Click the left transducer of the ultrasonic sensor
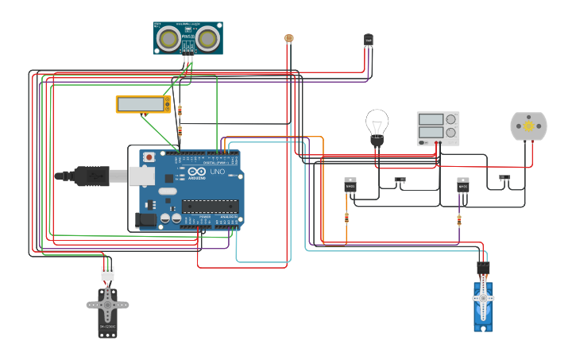tap(168, 38)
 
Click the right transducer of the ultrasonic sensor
tap(207, 38)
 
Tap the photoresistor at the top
tap(288, 37)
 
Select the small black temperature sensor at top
tap(368, 38)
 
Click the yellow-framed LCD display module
tap(143, 104)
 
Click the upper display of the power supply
tap(430, 120)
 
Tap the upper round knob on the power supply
tap(451, 120)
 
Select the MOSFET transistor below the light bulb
tap(350, 185)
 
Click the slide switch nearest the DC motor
tap(504, 178)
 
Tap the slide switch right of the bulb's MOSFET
tap(400, 180)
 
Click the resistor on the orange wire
tap(346, 218)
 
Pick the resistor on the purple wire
tap(459, 220)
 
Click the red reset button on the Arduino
tap(148, 158)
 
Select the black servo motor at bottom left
tap(107, 310)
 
